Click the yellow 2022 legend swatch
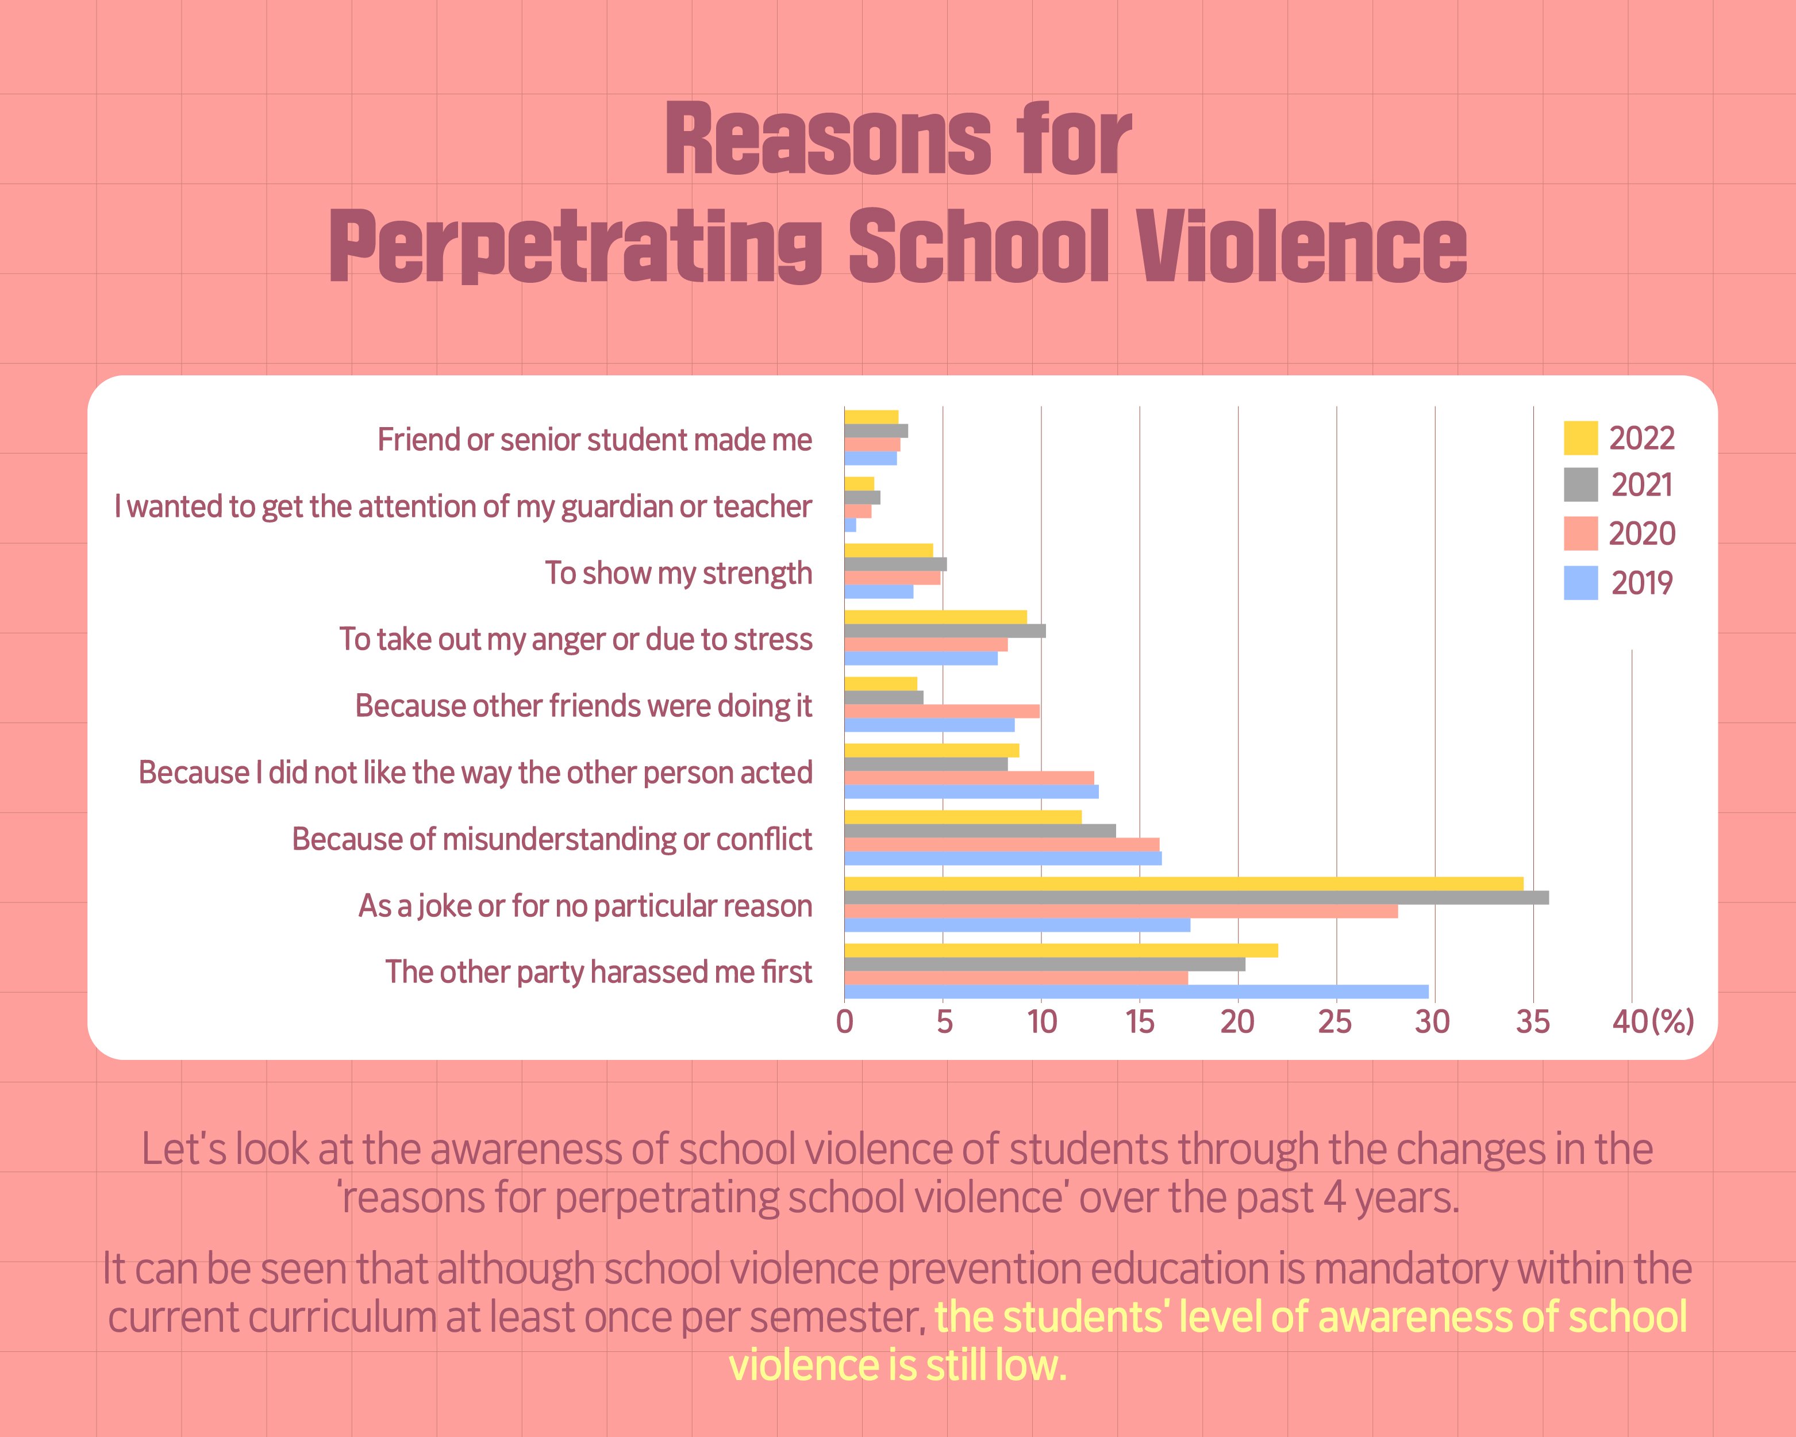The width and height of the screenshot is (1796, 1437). (1580, 438)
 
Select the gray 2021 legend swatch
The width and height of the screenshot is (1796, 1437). (1580, 485)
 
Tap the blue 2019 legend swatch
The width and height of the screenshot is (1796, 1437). (1580, 583)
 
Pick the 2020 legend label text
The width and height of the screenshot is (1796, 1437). (1641, 534)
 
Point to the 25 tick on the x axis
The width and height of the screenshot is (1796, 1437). (1334, 1022)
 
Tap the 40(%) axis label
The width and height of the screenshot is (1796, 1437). (1653, 1022)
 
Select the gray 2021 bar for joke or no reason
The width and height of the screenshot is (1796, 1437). (1196, 898)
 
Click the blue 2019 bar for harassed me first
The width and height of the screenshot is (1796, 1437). (1136, 992)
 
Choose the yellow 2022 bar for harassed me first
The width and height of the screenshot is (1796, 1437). (1060, 951)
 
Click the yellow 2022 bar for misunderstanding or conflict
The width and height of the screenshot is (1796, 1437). (963, 817)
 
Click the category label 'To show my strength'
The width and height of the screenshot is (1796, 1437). (678, 573)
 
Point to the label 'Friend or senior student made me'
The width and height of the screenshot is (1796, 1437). (594, 440)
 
